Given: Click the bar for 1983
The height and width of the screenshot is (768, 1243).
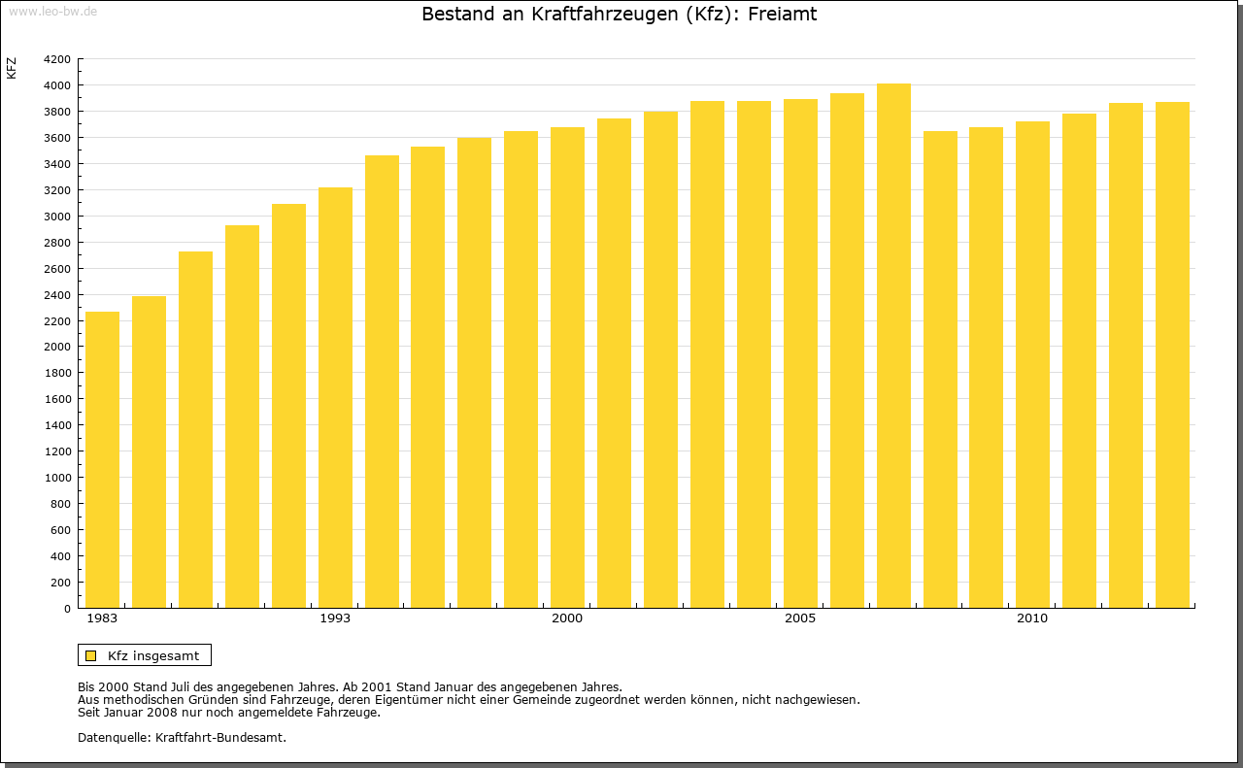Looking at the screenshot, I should coord(102,460).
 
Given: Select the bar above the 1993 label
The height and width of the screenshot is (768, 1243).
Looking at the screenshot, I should coord(335,398).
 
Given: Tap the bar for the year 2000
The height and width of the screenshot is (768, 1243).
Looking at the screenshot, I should coord(567,368).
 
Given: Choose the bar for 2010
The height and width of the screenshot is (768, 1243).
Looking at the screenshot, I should coord(1032,365).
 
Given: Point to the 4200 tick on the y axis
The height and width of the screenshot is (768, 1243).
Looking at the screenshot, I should coord(57,59).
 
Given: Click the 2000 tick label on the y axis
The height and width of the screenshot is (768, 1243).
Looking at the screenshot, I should coord(57,347).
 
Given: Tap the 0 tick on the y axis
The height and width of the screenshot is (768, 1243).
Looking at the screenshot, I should coord(66,609).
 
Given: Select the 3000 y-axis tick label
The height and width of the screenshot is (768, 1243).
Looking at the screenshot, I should coord(57,217).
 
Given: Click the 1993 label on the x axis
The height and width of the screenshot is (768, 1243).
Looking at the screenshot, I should coord(335,618).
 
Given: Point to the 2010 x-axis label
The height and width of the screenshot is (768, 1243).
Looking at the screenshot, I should coord(1032,618).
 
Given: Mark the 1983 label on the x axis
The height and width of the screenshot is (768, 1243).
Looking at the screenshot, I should coord(102,618).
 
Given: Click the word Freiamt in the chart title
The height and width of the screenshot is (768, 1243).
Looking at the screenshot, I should coord(782,15).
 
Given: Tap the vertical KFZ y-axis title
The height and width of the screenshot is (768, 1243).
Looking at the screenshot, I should coord(12,68).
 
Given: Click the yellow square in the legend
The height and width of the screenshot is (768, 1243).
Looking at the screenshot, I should coord(91,655).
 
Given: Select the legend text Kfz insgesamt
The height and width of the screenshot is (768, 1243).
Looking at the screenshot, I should coord(153,655).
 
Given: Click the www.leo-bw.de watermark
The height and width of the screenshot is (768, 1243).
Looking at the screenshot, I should coord(52,10).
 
